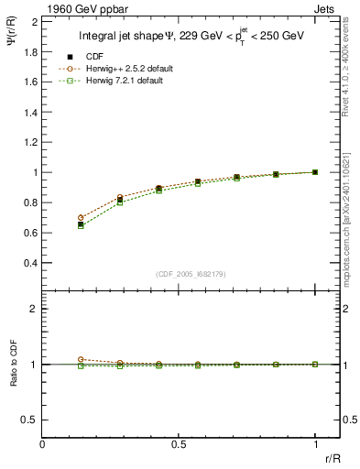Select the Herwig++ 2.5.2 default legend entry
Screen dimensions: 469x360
tap(128, 69)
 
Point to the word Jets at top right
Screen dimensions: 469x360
tap(326, 8)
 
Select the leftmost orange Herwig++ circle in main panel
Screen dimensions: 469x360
tap(81, 218)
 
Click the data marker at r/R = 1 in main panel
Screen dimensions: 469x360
tap(315, 171)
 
